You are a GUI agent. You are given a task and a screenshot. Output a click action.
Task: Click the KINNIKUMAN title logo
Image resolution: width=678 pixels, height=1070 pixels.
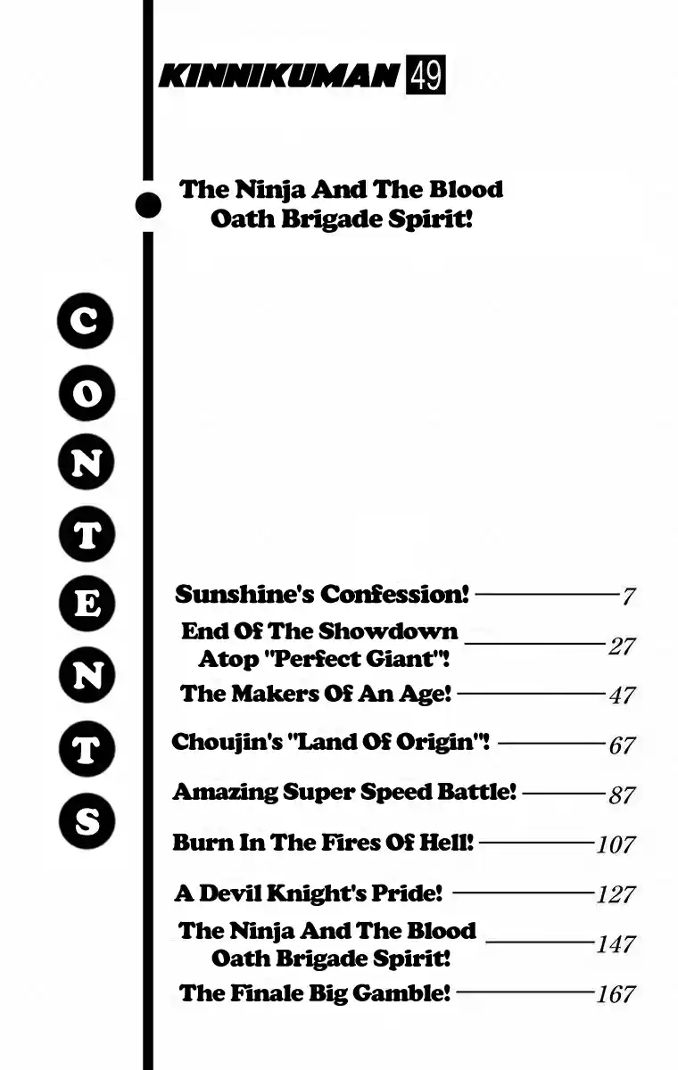[278, 76]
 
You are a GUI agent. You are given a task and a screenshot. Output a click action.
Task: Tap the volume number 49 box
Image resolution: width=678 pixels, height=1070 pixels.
[426, 75]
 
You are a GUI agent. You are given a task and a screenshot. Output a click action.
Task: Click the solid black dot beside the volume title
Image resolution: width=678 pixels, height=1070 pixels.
[148, 205]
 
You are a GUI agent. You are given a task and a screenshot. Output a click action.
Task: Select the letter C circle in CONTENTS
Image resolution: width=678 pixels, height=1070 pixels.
[86, 321]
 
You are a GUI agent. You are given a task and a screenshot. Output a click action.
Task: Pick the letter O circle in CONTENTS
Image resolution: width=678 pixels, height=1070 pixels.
[87, 393]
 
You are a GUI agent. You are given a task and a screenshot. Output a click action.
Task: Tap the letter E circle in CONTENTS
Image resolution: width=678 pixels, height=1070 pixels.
[87, 604]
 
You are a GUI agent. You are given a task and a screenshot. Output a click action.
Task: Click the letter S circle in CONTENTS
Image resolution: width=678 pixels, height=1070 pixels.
[87, 821]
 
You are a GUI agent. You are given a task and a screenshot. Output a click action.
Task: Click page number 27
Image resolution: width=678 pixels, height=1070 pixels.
[622, 646]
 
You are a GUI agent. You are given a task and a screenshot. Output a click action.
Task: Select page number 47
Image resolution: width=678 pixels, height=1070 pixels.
[622, 695]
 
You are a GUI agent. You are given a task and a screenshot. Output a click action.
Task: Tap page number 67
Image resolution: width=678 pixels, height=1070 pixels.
[622, 745]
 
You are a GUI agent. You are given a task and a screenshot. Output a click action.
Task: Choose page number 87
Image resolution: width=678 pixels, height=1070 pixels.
[622, 795]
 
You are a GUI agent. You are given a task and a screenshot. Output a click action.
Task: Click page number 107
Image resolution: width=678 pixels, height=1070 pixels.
[616, 844]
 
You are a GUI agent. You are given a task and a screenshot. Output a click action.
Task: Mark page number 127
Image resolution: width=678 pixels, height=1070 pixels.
[616, 894]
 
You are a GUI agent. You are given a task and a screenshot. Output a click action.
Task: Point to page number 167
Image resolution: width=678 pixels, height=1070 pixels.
[616, 994]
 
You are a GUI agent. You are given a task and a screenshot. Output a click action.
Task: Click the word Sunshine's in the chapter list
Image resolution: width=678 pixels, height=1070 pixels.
[244, 594]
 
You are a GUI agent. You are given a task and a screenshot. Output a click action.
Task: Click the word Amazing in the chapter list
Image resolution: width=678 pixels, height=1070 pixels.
[225, 793]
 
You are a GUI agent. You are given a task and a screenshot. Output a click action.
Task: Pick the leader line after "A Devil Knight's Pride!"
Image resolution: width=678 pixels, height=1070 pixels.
[523, 892]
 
